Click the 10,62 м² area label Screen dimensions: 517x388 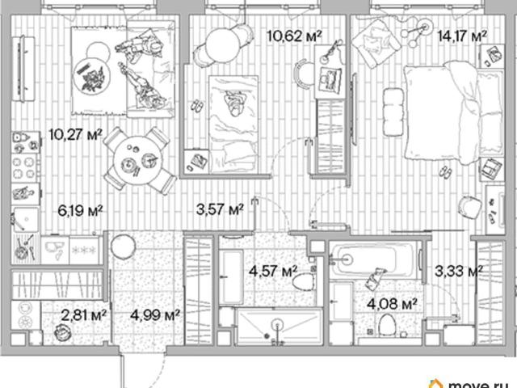pyautogui.click(x=294, y=36)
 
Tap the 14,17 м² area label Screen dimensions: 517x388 pyautogui.click(x=462, y=36)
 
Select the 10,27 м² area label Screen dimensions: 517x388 pyautogui.click(x=76, y=135)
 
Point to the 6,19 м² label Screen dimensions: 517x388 pyautogui.click(x=80, y=210)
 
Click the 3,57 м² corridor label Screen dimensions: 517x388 pyautogui.click(x=220, y=209)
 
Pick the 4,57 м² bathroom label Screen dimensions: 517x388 pyautogui.click(x=273, y=272)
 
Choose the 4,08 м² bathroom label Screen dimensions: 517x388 pyautogui.click(x=392, y=304)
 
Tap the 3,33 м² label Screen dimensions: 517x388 pyautogui.click(x=459, y=272)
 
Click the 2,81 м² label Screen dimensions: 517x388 pyautogui.click(x=84, y=315)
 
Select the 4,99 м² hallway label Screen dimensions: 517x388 pyautogui.click(x=154, y=315)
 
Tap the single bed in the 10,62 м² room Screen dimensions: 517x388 pyautogui.click(x=233, y=124)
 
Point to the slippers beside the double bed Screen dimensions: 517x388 pyautogui.click(x=445, y=172)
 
